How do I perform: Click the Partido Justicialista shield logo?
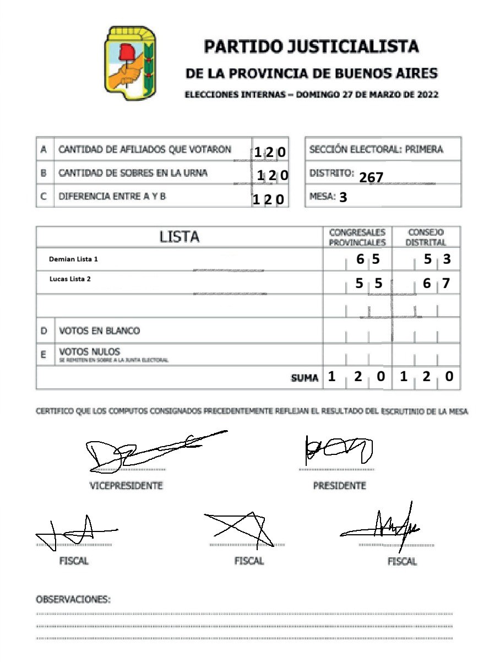point(130,63)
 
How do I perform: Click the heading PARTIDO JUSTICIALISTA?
point(311,46)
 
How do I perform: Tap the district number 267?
point(371,177)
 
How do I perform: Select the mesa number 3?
point(343,197)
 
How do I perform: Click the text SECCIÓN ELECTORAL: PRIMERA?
point(376,149)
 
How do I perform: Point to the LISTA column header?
point(180,237)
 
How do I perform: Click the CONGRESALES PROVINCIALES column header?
point(357,237)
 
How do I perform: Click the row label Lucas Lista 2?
point(70,279)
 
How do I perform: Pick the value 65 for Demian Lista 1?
point(367,259)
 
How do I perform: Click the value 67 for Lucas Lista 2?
point(436,284)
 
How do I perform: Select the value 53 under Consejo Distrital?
point(437,259)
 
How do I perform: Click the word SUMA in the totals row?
point(305,378)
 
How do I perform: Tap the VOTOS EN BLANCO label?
point(99,331)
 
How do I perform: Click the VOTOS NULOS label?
point(89,352)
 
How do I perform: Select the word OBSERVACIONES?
point(73,600)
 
